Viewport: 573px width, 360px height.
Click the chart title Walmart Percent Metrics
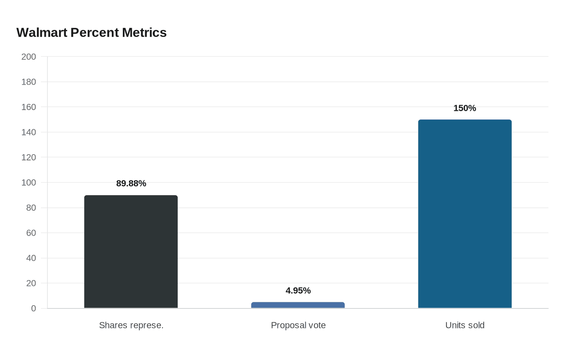coord(91,33)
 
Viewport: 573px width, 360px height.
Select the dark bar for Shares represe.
coord(131,252)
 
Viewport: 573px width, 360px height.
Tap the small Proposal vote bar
coord(298,305)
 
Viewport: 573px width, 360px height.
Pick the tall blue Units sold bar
coord(465,214)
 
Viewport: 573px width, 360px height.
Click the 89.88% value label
coord(131,183)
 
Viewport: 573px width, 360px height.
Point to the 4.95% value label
coord(298,290)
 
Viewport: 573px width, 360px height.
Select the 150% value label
coord(465,108)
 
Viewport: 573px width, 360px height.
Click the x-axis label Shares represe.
coord(131,325)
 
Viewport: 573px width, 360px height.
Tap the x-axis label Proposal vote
coord(298,325)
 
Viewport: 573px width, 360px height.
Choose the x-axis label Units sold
coord(465,325)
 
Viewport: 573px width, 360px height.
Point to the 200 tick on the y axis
coord(29,57)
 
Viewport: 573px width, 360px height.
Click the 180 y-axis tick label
coord(29,82)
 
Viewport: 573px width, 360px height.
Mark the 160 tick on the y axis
coord(29,107)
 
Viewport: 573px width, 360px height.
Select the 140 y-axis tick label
coord(29,133)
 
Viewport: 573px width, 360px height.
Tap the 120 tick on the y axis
coord(29,157)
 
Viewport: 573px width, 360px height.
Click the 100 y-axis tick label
coord(29,183)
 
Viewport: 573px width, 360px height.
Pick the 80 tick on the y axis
coord(31,208)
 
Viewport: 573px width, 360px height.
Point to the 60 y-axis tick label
coord(31,233)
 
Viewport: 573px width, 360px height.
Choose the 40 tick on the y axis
coord(31,258)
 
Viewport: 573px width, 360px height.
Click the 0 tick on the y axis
coord(34,308)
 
